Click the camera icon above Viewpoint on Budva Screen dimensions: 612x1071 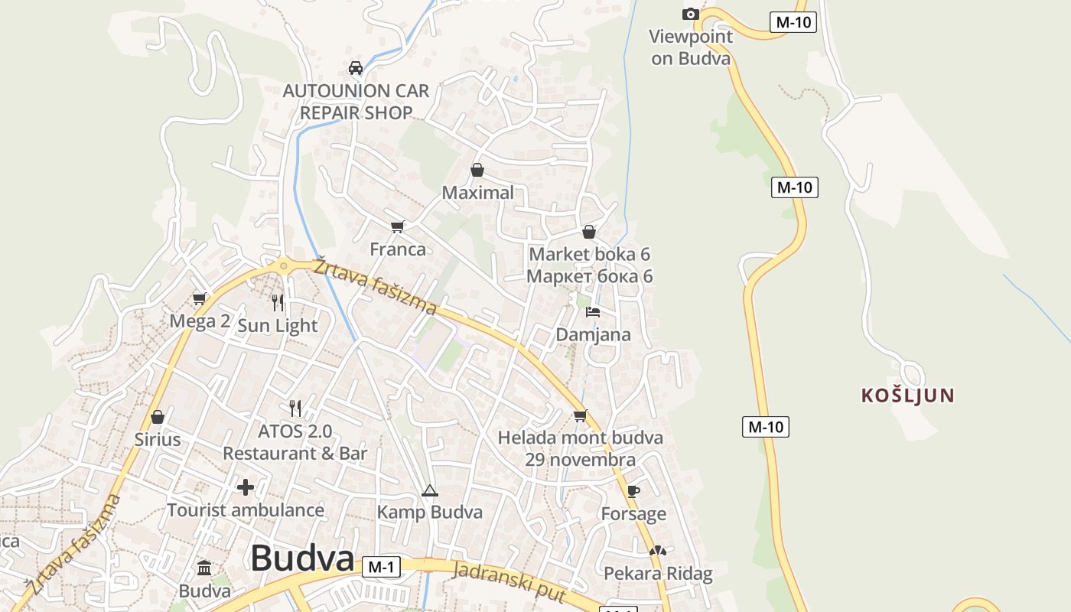[690, 14]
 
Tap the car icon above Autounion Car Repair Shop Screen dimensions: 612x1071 [356, 67]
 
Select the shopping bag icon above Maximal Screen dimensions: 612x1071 [477, 169]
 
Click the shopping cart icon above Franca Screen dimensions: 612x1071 [397, 226]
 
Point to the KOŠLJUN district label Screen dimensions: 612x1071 [908, 396]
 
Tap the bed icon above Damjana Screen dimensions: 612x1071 [593, 311]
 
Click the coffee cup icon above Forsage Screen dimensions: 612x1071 [633, 490]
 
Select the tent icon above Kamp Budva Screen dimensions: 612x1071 [429, 490]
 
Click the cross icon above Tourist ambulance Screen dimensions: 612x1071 [246, 487]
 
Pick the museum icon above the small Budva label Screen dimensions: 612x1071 [204, 568]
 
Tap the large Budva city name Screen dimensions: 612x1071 [302, 558]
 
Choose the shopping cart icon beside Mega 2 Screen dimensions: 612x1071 [200, 298]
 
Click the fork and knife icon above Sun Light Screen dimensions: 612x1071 [278, 303]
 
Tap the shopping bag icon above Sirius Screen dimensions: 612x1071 [158, 417]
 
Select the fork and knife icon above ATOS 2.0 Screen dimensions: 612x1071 [295, 409]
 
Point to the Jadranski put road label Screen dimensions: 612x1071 [509, 582]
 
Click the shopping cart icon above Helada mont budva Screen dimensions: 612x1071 [580, 415]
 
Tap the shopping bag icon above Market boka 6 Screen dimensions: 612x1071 [589, 231]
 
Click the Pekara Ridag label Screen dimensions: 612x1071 [658, 573]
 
